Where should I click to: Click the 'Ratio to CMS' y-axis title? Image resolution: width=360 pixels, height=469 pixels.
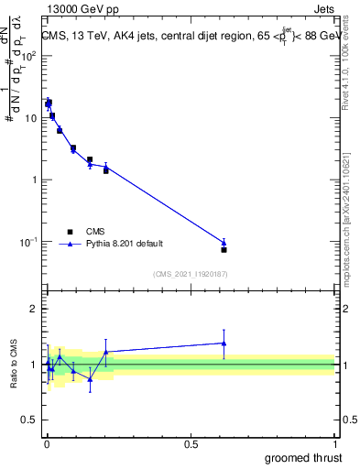click(x=12, y=364)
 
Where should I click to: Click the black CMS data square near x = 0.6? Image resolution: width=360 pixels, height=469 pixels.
click(x=224, y=249)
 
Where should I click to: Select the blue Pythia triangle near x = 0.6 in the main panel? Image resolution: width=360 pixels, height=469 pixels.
click(x=224, y=243)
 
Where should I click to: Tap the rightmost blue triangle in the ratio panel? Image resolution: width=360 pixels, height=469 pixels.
click(x=224, y=343)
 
